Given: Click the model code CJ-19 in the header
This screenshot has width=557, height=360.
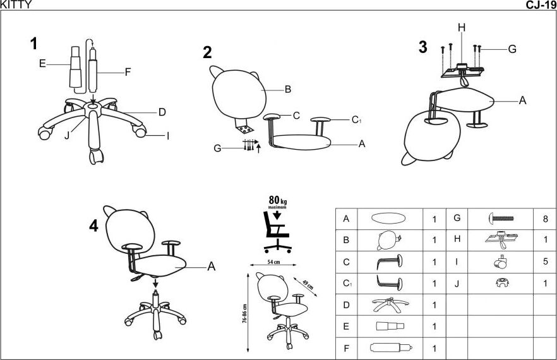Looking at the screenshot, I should [541, 5].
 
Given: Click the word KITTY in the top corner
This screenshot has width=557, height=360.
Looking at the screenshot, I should [15, 5].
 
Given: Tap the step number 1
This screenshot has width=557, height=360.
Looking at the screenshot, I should [33, 44].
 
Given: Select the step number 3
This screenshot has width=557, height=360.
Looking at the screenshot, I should [422, 47].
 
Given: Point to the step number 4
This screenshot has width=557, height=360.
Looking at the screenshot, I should [93, 225].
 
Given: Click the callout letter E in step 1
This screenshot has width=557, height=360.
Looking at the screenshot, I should [42, 63].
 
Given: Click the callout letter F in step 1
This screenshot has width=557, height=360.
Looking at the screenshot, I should [128, 72].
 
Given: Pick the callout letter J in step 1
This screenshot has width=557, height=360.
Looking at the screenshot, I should [67, 135].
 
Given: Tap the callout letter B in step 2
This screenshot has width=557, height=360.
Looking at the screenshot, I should [287, 90].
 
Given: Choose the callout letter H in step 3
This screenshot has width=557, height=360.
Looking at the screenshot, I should [462, 27].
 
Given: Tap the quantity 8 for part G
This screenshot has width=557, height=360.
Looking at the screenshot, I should [545, 219].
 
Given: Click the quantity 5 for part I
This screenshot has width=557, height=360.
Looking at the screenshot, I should [545, 261].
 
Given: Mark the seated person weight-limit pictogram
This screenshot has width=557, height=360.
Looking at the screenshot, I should [276, 231].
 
